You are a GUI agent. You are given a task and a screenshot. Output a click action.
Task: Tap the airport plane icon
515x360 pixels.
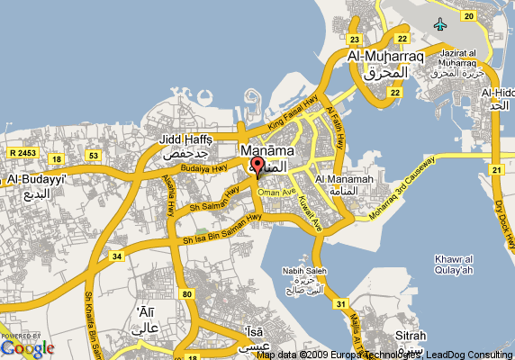coord(439,23)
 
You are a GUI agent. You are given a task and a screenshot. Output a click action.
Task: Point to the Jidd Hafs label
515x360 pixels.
coord(185,139)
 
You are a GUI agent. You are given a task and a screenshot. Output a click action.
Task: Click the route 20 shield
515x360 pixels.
coord(467,15)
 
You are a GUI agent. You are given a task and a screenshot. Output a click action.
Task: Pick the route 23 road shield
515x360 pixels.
coord(356,39)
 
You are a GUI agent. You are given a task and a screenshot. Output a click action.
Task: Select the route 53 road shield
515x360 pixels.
coord(93,156)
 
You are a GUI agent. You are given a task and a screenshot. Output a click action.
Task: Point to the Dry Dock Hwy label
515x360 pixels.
coord(503,217)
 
